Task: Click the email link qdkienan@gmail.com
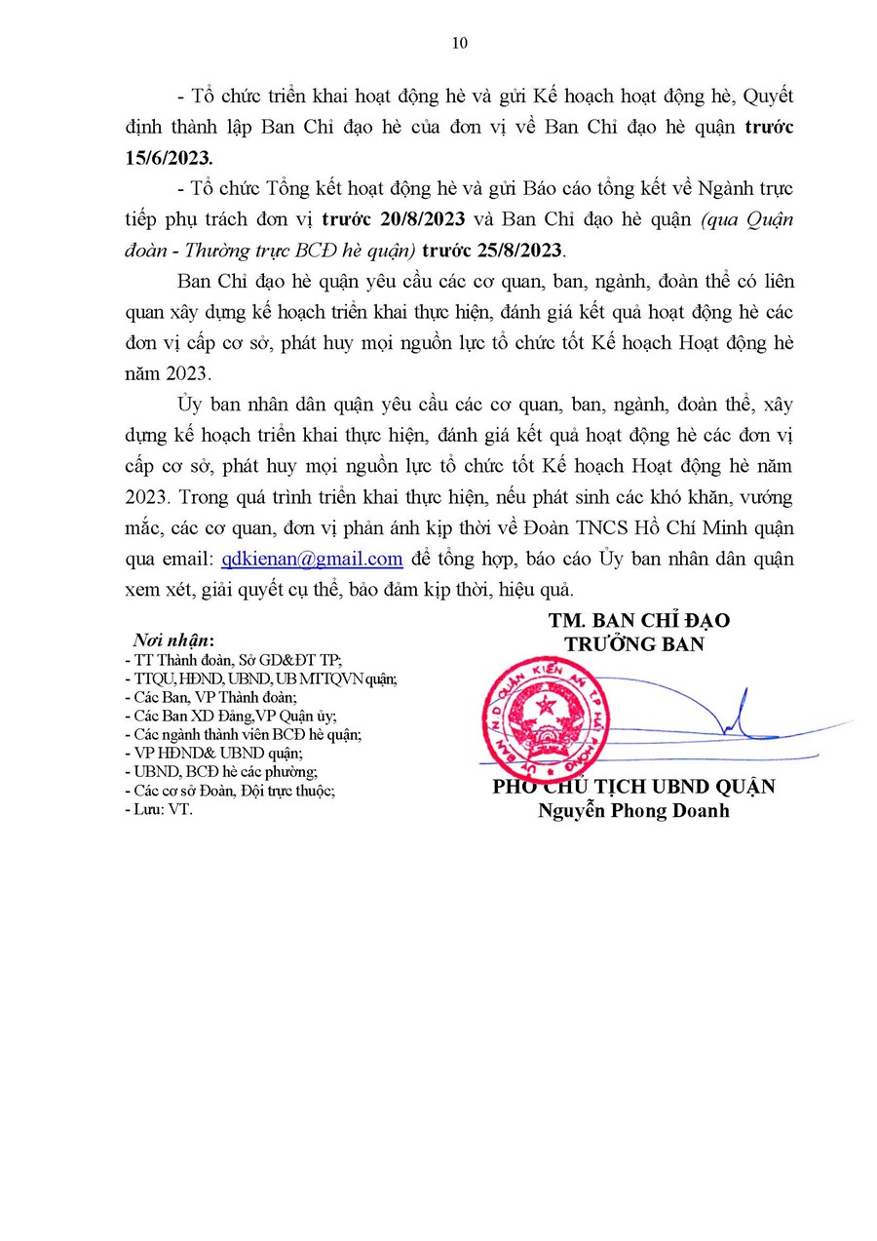pyautogui.click(x=312, y=559)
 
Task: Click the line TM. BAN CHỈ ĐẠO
pyautogui.click(x=638, y=621)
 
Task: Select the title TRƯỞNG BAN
pyautogui.click(x=634, y=644)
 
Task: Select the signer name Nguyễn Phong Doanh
pyautogui.click(x=633, y=811)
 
